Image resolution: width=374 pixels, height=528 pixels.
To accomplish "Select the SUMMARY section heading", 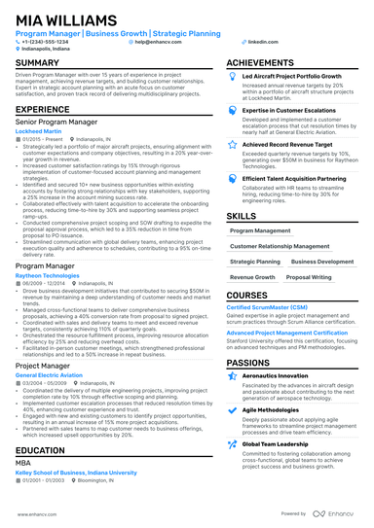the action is tap(37, 62).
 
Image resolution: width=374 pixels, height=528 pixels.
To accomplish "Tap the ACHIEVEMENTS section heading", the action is tap(268, 62).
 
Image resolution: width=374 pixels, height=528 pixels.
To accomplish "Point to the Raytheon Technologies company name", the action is tap(48, 276).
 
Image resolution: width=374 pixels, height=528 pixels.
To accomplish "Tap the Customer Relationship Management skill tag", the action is tap(277, 247).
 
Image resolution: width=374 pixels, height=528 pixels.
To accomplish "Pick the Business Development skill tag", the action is tap(322, 262).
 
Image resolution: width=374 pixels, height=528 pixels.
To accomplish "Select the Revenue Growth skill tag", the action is tap(252, 277).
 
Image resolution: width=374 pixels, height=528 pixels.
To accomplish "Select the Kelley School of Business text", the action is tap(78, 472).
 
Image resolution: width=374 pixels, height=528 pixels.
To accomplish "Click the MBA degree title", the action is tap(24, 463).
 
